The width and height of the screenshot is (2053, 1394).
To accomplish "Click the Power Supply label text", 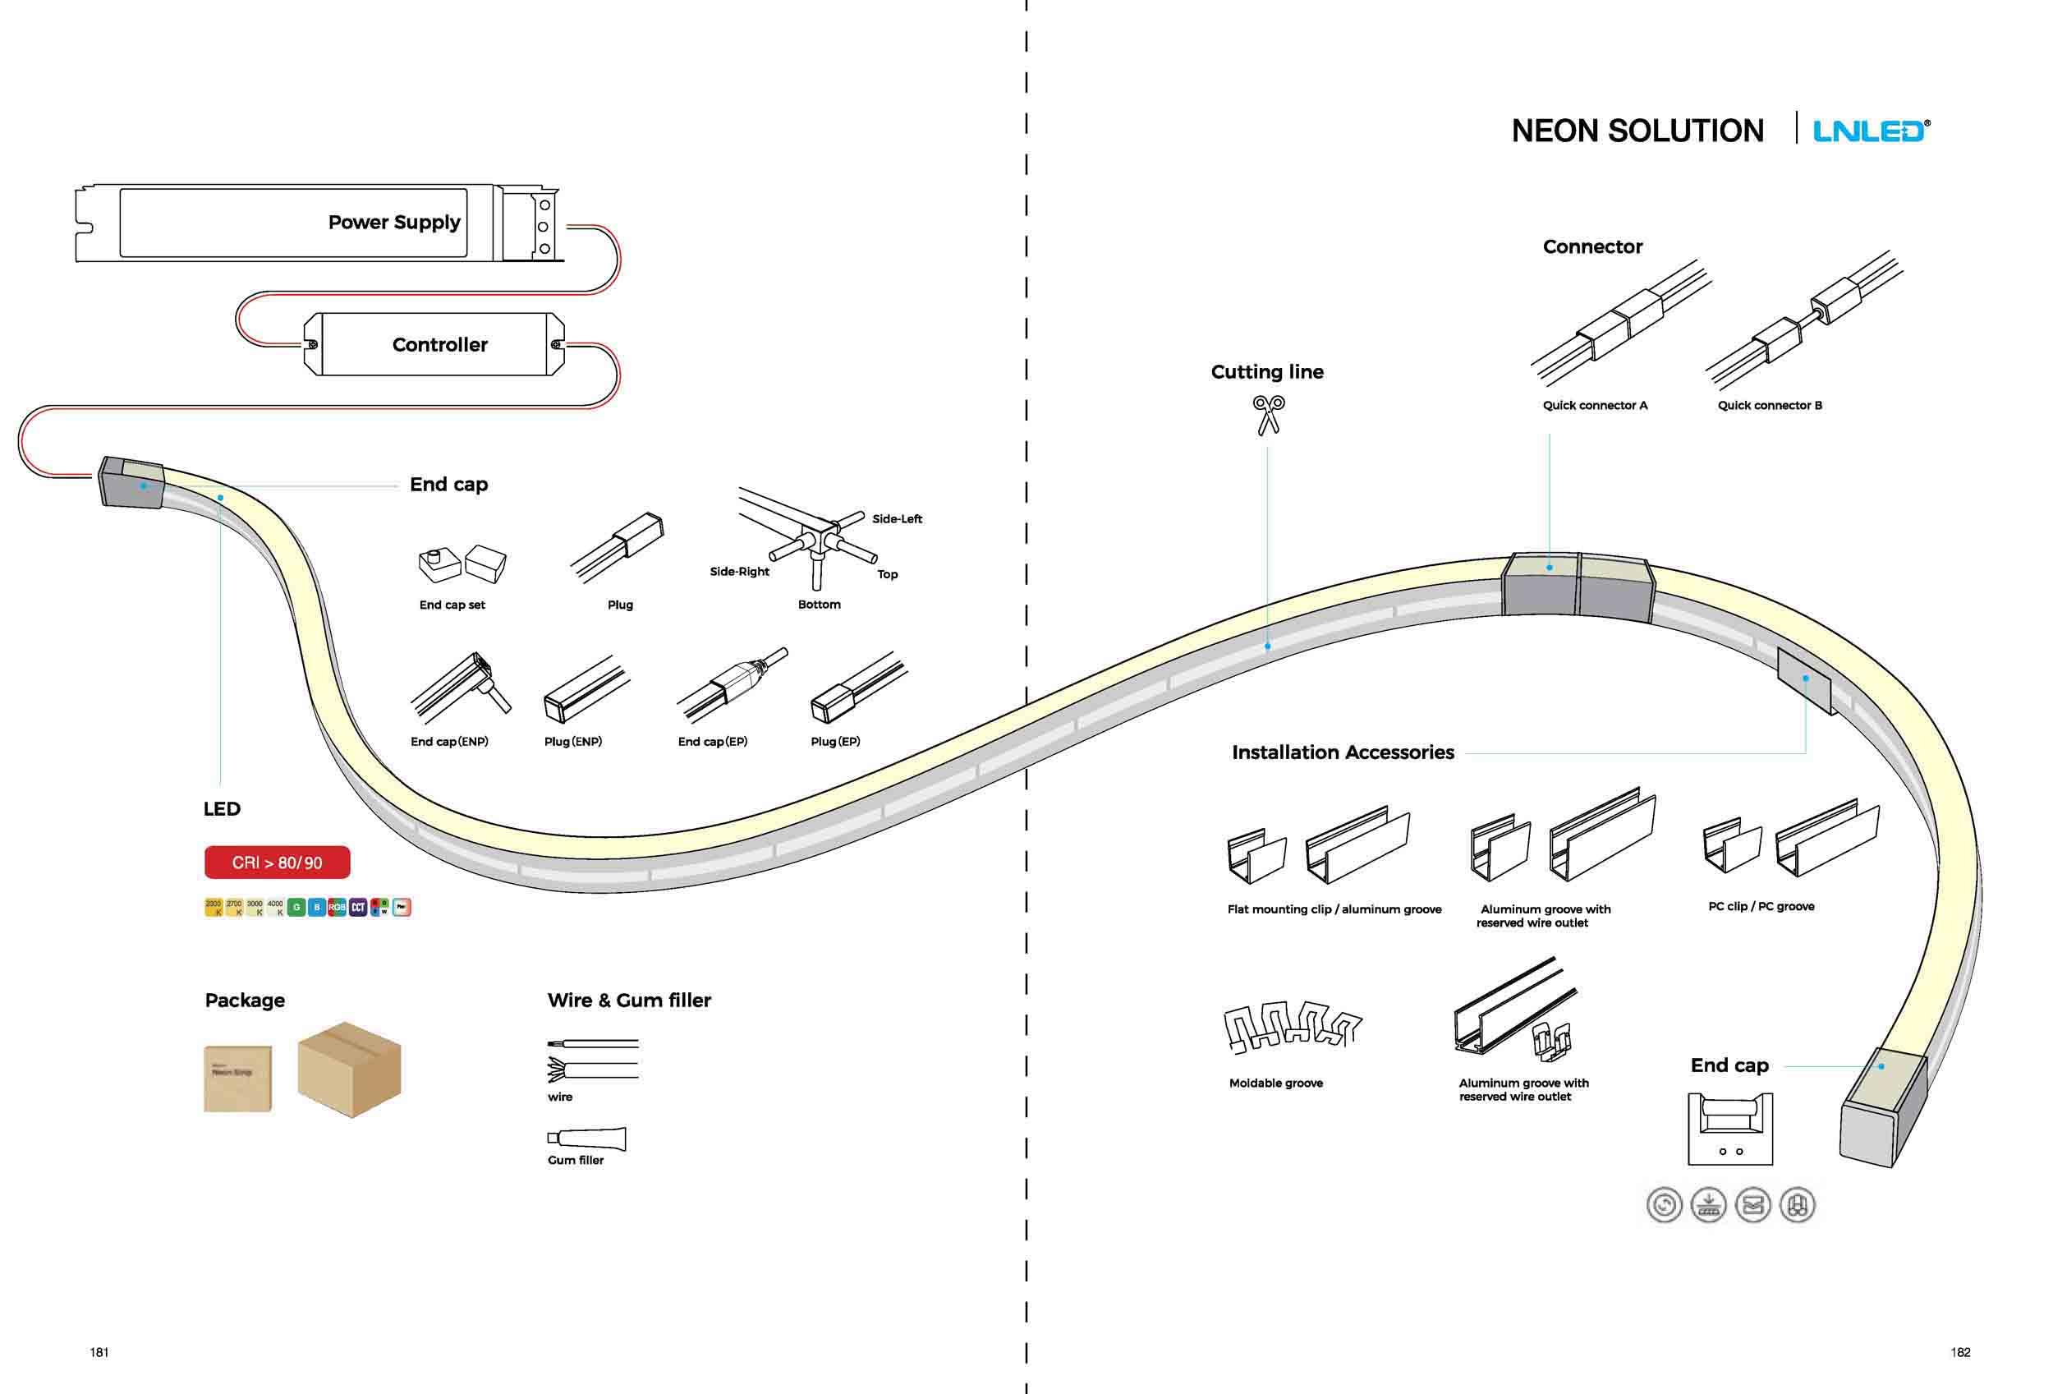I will [394, 222].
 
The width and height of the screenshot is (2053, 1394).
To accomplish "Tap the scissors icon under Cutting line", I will [1269, 414].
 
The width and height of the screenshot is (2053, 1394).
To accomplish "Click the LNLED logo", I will [1871, 131].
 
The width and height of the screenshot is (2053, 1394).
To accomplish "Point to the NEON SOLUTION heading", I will [1637, 131].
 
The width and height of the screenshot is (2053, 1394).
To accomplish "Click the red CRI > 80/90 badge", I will [277, 863].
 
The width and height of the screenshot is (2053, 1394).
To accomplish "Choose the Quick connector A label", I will [1595, 406].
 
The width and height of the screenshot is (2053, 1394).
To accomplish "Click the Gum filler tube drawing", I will [586, 1139].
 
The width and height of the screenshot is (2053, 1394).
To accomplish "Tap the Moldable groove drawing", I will [1293, 1028].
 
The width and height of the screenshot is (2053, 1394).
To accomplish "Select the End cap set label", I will [452, 605].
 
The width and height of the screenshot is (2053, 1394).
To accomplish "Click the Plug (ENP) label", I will [572, 741].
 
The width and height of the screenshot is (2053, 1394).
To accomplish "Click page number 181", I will [99, 1352].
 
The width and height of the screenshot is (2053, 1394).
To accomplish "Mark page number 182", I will [1960, 1352].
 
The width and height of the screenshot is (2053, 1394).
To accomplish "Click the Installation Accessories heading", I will [1343, 752].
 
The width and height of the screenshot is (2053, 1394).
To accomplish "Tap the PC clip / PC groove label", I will [1761, 906].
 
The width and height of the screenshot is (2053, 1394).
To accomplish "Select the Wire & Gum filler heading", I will [629, 1000].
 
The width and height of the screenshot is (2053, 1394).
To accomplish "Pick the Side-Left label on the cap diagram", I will [897, 518].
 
